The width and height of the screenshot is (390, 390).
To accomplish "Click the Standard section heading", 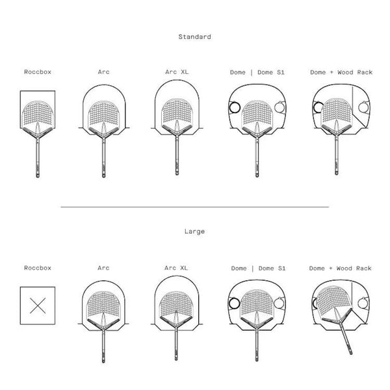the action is coord(194,37).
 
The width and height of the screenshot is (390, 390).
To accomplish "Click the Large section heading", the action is coord(194,231).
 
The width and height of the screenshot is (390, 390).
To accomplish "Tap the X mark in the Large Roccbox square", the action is coord(38,305).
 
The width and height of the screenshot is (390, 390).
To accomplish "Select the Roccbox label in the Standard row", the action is coord(38,72).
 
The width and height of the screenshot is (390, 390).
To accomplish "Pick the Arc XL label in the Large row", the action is coord(176,268).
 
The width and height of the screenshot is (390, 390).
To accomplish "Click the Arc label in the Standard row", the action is coord(103,72).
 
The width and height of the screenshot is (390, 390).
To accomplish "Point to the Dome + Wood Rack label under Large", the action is coord(340,268).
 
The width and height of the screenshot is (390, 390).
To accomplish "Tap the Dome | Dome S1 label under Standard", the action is coord(257,72).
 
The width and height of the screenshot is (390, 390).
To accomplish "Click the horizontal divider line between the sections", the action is coord(195,207).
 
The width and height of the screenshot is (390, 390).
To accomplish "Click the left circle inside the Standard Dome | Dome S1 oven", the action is coord(235,107).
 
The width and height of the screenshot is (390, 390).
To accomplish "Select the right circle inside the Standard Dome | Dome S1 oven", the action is coord(279,107).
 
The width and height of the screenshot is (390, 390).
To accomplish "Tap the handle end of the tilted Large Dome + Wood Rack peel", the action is coord(351,352).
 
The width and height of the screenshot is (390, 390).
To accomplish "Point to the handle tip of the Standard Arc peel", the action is coord(104,176).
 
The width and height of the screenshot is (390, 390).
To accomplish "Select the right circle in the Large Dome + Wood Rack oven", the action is coord(363,303).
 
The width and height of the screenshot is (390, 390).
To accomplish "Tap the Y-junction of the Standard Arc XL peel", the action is coord(177,133).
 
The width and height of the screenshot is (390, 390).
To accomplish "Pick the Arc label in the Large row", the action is coord(103,268).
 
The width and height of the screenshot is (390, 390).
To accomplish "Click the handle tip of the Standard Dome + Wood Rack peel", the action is coord(337,173).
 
